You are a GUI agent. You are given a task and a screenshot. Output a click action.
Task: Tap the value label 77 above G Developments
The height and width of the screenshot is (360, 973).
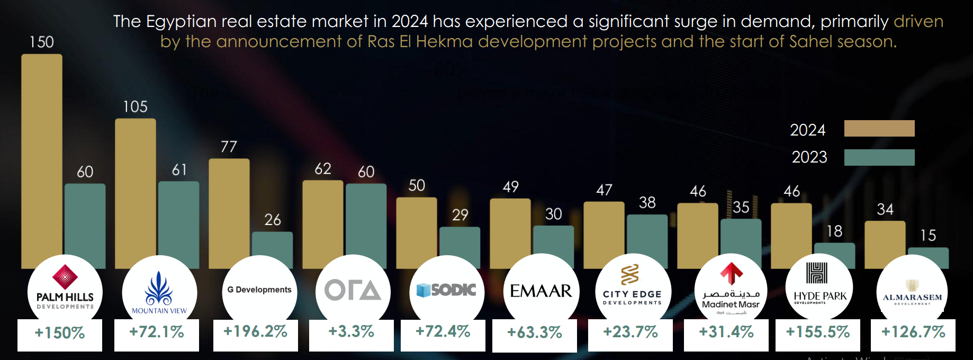coord(229,147)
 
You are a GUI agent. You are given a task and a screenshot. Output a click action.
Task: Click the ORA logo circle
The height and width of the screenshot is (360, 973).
coord(353,291)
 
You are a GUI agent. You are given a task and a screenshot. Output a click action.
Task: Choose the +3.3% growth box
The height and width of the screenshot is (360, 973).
coord(351,332)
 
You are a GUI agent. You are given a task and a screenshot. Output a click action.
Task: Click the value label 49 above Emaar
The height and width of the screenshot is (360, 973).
coord(510,187)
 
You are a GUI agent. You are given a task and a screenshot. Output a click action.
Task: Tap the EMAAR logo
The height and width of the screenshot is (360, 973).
coord(540,291)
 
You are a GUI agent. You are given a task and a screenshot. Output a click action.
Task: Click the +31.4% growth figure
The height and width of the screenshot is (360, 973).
coord(726,332)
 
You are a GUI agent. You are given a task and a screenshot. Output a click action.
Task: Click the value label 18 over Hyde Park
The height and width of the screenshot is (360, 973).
coord(834,231)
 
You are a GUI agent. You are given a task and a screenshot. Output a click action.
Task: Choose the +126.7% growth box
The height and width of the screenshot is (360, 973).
coord(913,332)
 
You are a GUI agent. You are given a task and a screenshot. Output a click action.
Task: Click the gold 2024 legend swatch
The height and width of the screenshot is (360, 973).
coord(879,129)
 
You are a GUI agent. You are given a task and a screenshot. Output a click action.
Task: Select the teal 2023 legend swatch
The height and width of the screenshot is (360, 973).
coord(879,157)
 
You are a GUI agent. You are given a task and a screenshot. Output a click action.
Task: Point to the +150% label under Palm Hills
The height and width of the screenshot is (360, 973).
coord(59,333)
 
